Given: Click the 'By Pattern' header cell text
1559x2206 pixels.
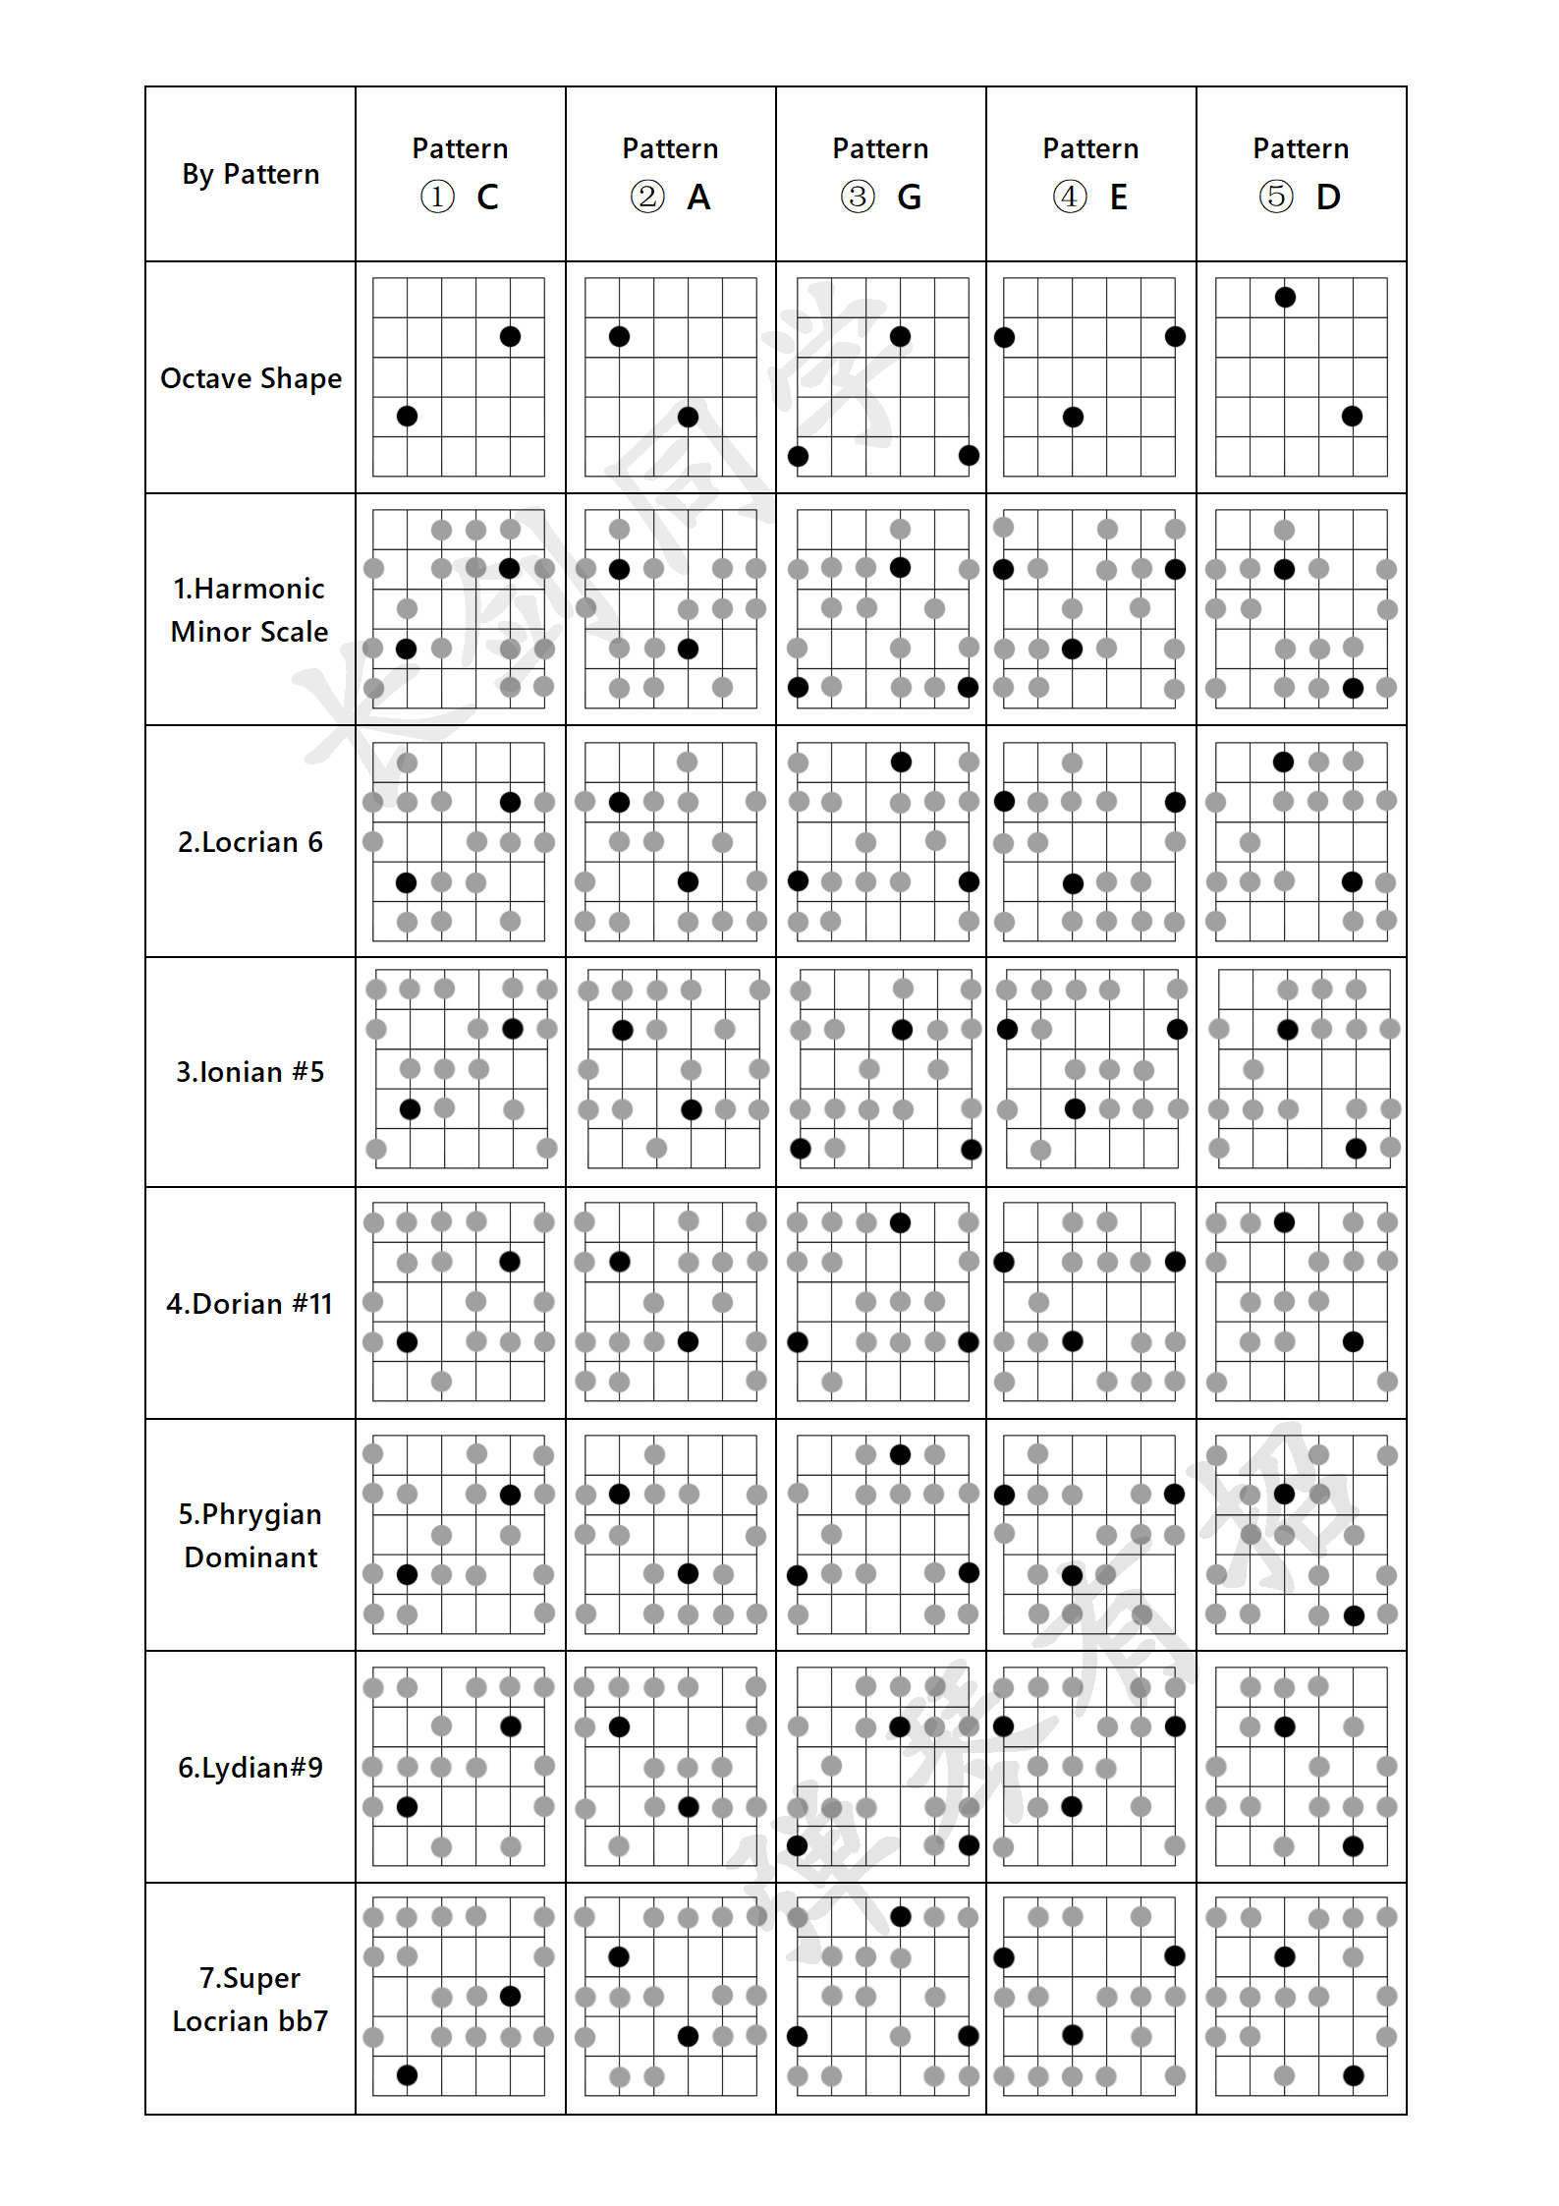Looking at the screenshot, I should [251, 174].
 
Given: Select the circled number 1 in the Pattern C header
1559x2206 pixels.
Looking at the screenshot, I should [437, 197].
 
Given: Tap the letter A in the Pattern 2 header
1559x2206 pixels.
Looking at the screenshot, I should [698, 198].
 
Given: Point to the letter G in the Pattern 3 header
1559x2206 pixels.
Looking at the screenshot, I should [909, 198].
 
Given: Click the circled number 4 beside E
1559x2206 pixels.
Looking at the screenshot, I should [1069, 197].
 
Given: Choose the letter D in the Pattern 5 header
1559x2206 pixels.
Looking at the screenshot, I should [1328, 198].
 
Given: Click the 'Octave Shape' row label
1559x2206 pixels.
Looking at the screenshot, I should [251, 378].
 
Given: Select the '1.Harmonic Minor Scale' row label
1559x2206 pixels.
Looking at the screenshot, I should [250, 609].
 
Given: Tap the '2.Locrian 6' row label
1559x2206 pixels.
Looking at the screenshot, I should [250, 842].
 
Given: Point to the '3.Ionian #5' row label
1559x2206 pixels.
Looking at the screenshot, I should [250, 1072].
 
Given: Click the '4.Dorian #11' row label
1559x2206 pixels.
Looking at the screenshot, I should [250, 1304].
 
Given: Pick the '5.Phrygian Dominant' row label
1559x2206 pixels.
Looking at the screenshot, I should [251, 1535].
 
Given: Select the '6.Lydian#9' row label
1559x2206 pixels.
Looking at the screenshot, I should [250, 1768].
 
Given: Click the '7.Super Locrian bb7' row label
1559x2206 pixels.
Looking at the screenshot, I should [250, 1999].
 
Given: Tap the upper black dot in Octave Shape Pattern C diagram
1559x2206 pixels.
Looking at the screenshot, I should [510, 337].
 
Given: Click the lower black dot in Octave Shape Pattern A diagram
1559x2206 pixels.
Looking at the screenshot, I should [688, 417].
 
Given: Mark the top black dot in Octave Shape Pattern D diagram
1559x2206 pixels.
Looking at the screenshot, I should [1285, 297].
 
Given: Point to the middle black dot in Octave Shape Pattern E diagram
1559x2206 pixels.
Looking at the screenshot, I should [1073, 417].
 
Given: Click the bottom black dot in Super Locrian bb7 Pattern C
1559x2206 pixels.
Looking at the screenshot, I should [407, 2074].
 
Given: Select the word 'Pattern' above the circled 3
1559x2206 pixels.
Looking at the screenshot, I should [880, 148].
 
